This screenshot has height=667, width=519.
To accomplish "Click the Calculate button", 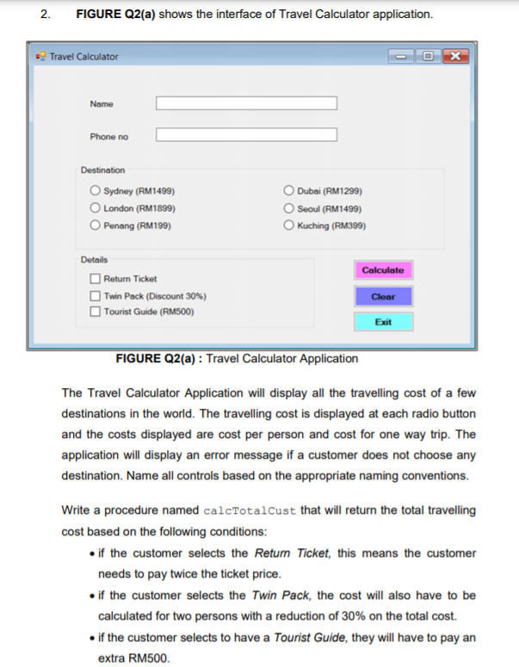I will pyautogui.click(x=383, y=270).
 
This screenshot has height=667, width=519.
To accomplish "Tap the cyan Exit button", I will pyautogui.click(x=383, y=322).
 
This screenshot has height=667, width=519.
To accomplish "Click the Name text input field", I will pyautogui.click(x=246, y=103).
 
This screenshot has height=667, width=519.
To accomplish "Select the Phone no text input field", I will pyautogui.click(x=246, y=135).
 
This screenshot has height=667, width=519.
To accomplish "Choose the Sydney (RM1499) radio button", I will pyautogui.click(x=96, y=192).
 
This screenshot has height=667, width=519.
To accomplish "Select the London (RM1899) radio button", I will pyautogui.click(x=96, y=208).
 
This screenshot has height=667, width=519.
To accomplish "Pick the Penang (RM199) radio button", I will pyautogui.click(x=96, y=225).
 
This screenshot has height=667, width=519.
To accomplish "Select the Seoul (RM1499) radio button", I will pyautogui.click(x=289, y=208).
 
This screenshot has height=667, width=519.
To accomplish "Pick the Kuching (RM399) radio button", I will pyautogui.click(x=289, y=225).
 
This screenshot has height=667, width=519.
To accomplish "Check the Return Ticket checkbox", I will pyautogui.click(x=96, y=279).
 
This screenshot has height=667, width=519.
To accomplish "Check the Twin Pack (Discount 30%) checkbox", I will pyautogui.click(x=96, y=295).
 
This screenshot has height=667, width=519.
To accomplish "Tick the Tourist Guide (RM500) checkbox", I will pyautogui.click(x=96, y=312).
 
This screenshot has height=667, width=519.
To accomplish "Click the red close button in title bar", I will pyautogui.click(x=456, y=57).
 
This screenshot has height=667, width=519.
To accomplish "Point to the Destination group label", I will pyautogui.click(x=102, y=170).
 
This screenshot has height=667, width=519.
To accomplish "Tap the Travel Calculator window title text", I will pyautogui.click(x=84, y=57).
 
